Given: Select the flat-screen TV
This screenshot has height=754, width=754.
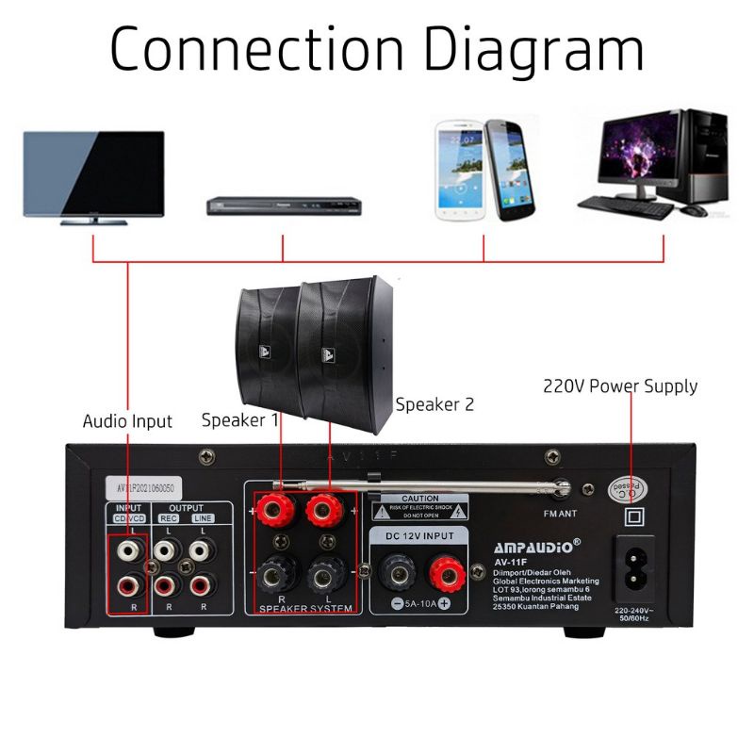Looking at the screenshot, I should (93, 177).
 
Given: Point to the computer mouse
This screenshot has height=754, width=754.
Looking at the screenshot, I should (695, 210).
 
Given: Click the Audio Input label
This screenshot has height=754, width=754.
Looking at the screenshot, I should (127, 421).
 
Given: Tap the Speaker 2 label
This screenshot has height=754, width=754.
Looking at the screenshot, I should (434, 404).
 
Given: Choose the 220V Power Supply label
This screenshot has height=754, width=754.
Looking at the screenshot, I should (620, 385).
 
